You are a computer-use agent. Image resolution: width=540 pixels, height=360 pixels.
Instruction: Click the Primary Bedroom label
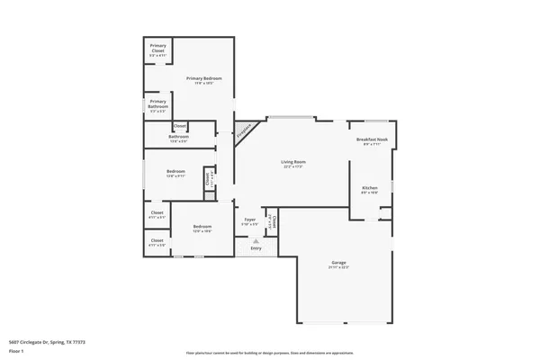(204, 78)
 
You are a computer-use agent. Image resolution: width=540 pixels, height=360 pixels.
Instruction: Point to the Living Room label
(293, 161)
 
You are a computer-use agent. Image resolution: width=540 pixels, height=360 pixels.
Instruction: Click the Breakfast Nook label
(372, 139)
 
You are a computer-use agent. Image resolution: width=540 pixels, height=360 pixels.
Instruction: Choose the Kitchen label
(369, 187)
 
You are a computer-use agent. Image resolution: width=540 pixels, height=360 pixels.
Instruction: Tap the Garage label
(338, 262)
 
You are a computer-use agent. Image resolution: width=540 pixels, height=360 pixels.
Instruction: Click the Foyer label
(250, 219)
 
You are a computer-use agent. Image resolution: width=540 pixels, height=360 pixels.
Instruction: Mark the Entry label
(256, 247)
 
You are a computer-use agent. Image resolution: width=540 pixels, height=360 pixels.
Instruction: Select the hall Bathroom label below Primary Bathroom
(178, 137)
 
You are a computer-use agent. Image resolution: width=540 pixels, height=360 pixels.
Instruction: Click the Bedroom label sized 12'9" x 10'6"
(202, 226)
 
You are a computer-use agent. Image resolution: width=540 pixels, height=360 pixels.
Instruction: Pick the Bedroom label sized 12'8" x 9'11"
(175, 171)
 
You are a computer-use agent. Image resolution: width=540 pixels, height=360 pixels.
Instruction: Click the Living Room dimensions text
(293, 166)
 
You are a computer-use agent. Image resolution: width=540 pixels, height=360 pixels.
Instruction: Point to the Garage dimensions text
(338, 267)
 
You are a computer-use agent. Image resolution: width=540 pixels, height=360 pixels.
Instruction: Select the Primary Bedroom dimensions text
(204, 84)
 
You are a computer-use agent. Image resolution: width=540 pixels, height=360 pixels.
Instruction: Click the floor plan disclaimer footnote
(270, 353)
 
